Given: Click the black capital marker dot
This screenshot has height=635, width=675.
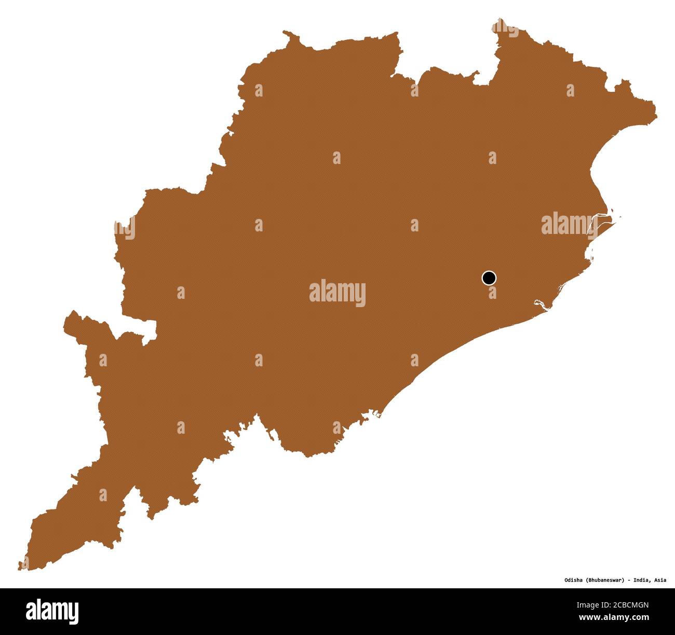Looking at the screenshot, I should tap(489, 278).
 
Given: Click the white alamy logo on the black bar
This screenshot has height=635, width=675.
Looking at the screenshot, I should tap(52, 611).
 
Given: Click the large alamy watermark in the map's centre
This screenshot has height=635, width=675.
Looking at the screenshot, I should tap(337, 293).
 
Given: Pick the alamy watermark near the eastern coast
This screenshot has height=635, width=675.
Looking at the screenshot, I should tap(569, 224).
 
